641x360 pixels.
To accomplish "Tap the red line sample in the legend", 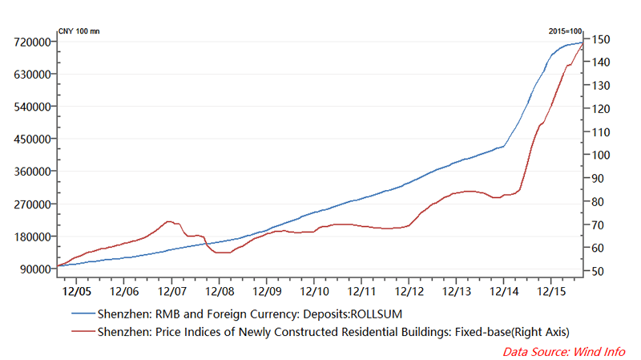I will (x=82, y=330).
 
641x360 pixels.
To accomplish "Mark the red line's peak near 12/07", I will (x=168, y=220).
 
